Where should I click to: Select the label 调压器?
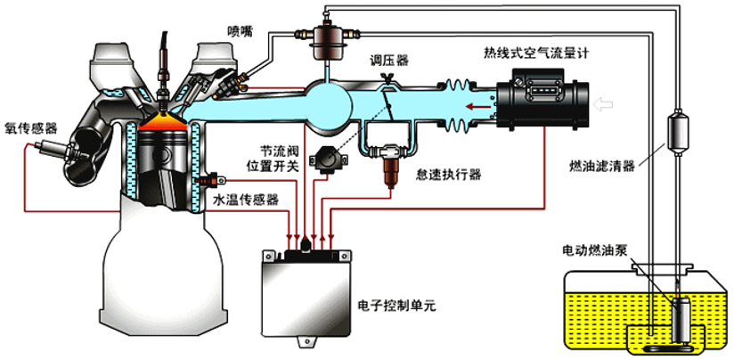click(389, 61)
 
